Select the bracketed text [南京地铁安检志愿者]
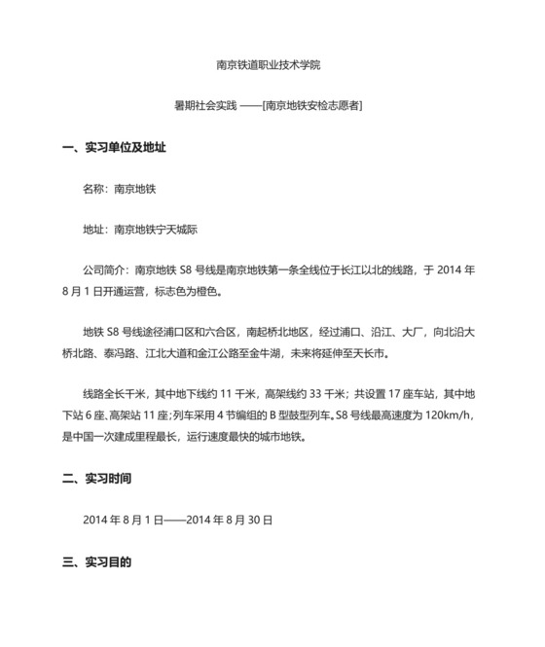[313, 104]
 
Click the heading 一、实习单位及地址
[114, 148]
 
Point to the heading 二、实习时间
[96, 479]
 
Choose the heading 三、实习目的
[96, 561]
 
